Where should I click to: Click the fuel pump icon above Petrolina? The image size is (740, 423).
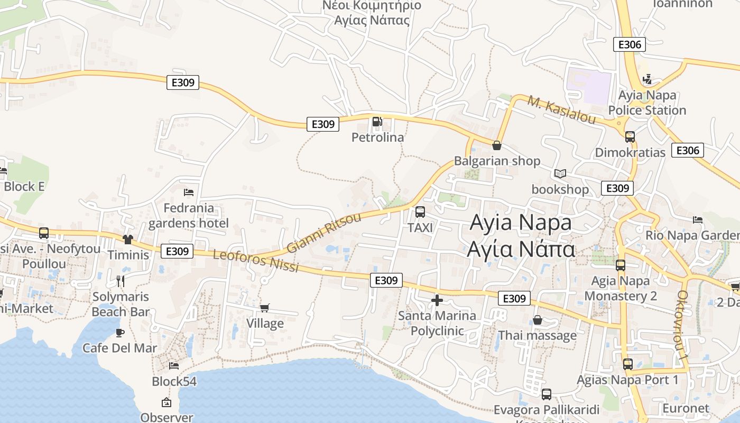pyautogui.click(x=377, y=122)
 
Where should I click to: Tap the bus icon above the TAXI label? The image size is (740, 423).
pyautogui.click(x=420, y=212)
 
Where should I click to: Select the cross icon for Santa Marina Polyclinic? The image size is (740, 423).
pyautogui.click(x=437, y=300)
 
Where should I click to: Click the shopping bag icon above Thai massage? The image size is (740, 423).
pyautogui.click(x=538, y=320)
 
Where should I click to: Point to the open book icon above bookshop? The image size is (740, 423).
pyautogui.click(x=560, y=173)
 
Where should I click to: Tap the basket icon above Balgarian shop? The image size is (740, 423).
pyautogui.click(x=497, y=145)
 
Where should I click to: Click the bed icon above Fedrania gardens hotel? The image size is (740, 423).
pyautogui.click(x=189, y=192)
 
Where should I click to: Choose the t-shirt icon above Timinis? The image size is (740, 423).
pyautogui.click(x=128, y=239)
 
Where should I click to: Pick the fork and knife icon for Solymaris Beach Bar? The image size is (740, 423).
pyautogui.click(x=121, y=281)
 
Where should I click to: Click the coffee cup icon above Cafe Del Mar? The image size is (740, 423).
pyautogui.click(x=120, y=333)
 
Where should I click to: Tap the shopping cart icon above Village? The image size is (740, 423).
pyautogui.click(x=265, y=308)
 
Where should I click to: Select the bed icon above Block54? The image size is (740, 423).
pyautogui.click(x=174, y=365)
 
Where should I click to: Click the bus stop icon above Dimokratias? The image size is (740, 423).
pyautogui.click(x=630, y=136)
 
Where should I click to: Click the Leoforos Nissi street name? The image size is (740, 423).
pyautogui.click(x=256, y=261)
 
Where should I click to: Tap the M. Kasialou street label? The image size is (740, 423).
pyautogui.click(x=562, y=111)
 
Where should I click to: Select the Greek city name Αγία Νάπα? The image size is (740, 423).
pyautogui.click(x=521, y=249)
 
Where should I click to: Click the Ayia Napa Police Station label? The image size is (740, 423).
pyautogui.click(x=647, y=103)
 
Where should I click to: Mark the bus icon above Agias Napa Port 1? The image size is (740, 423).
pyautogui.click(x=628, y=364)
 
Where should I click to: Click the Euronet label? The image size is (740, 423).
pyautogui.click(x=686, y=408)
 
